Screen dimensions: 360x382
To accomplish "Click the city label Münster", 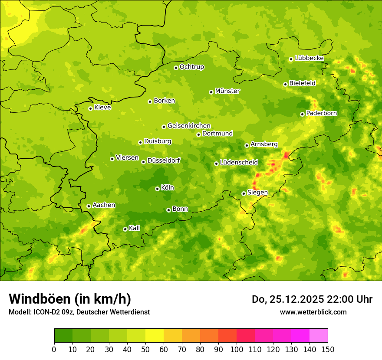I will click(227, 91).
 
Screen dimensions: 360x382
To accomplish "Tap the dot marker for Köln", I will click(157, 189).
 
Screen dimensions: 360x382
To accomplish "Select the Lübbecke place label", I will click(309, 58).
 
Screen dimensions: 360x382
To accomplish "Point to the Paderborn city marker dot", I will click(302, 114).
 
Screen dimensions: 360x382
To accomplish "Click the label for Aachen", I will click(104, 205).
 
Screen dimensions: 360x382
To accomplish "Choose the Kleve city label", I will click(102, 108).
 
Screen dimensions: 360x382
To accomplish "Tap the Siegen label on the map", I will click(257, 193).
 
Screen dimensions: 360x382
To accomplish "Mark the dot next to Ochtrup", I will click(176, 68).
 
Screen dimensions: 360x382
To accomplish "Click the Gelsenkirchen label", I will click(189, 126).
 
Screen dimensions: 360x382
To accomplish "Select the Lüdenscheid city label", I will click(239, 163).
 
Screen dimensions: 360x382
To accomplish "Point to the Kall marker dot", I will click(125, 229).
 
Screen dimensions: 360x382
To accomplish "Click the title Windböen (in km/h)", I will click(69, 299).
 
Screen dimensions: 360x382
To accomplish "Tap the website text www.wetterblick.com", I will click(313, 312).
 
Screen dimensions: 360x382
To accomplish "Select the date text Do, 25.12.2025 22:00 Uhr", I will click(312, 299).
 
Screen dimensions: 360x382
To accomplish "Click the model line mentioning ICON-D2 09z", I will click(79, 312).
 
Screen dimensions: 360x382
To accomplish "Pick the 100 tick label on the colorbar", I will click(237, 350).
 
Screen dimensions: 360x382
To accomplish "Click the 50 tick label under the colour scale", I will click(145, 350).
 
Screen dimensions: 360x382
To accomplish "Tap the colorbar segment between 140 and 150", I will click(319, 336).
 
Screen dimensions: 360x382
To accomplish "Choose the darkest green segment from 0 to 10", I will click(63, 336).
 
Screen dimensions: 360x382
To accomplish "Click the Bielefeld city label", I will click(302, 83).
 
